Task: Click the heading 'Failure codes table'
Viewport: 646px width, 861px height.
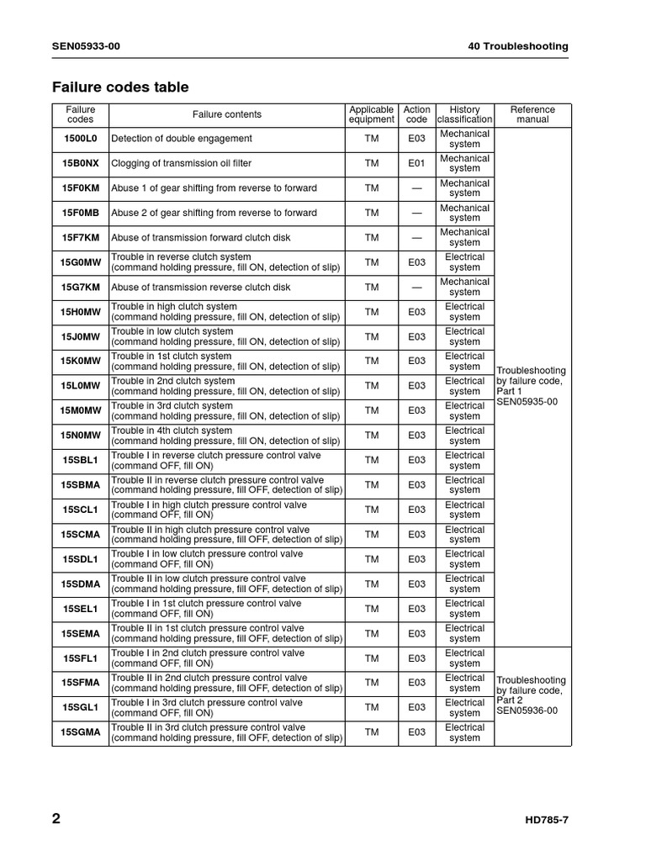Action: click(x=120, y=87)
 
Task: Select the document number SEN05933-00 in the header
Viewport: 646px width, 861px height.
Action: click(x=86, y=46)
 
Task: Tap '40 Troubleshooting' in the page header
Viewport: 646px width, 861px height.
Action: click(x=517, y=46)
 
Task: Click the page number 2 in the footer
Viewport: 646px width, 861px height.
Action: click(x=56, y=820)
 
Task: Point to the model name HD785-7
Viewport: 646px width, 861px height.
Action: click(x=541, y=821)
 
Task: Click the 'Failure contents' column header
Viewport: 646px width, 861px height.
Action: click(x=226, y=114)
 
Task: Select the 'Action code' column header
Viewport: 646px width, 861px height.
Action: click(x=416, y=114)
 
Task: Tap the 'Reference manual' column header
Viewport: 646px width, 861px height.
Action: click(x=532, y=114)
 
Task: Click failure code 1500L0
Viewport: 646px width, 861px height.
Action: click(x=81, y=139)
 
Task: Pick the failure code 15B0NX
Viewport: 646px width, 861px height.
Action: click(x=81, y=163)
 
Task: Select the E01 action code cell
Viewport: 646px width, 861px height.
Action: click(x=416, y=163)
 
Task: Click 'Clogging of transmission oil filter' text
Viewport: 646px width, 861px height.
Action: click(x=181, y=163)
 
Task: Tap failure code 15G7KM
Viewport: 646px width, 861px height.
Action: click(x=81, y=287)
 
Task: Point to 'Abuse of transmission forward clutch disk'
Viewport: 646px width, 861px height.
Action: click(x=200, y=238)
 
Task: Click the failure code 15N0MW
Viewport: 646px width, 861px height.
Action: click(x=81, y=436)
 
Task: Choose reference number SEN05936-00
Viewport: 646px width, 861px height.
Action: click(x=527, y=710)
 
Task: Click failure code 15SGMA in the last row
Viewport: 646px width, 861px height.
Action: click(x=81, y=732)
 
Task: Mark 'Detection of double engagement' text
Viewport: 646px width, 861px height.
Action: click(x=181, y=139)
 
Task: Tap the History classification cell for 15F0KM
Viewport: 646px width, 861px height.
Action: click(x=464, y=188)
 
